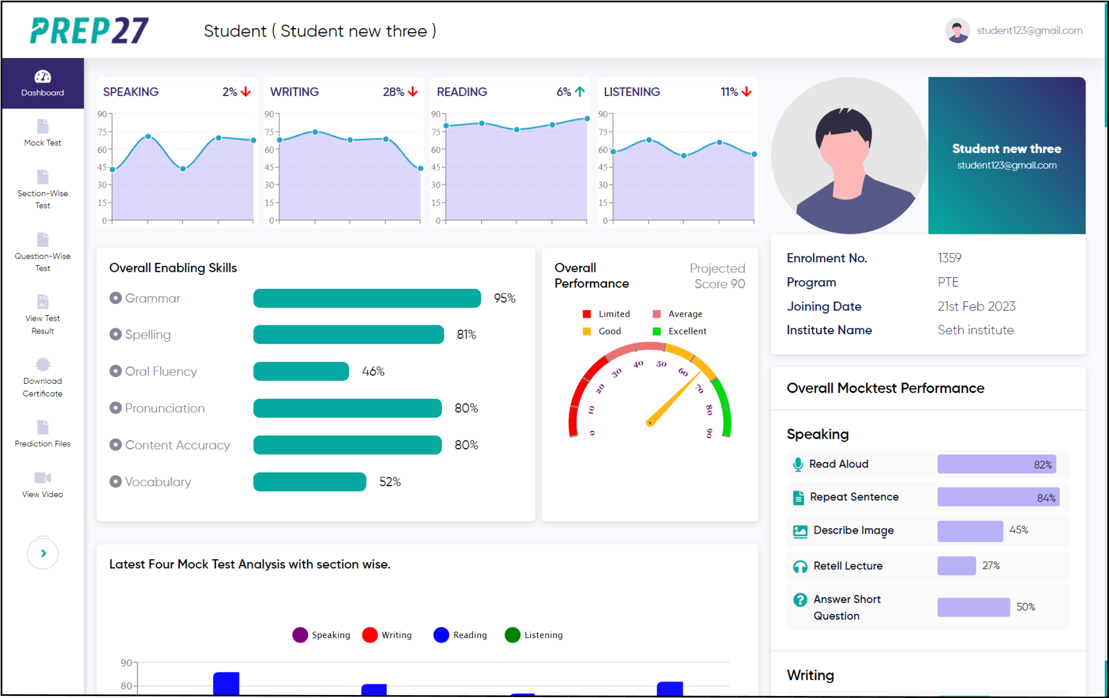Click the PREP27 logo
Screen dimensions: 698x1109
(89, 30)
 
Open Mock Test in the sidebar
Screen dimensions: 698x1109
(42, 133)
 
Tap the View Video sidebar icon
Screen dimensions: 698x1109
(42, 478)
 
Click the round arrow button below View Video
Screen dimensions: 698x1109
(43, 553)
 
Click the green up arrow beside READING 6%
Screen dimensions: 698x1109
(580, 92)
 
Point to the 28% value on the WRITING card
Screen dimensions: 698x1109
(393, 92)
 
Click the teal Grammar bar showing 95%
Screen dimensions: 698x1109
(366, 298)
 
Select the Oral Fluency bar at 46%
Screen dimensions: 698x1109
(300, 371)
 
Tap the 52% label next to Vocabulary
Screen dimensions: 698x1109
(390, 482)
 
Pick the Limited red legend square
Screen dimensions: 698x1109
(587, 314)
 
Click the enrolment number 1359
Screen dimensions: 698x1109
(949, 258)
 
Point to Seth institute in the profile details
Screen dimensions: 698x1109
(975, 330)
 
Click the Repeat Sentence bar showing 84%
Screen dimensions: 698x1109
(998, 497)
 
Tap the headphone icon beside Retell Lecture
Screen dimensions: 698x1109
(800, 566)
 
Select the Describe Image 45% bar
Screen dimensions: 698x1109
(969, 531)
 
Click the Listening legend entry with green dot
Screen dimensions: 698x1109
(534, 635)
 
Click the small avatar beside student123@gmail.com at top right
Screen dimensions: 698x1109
(957, 30)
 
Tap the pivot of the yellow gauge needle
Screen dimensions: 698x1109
(649, 423)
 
